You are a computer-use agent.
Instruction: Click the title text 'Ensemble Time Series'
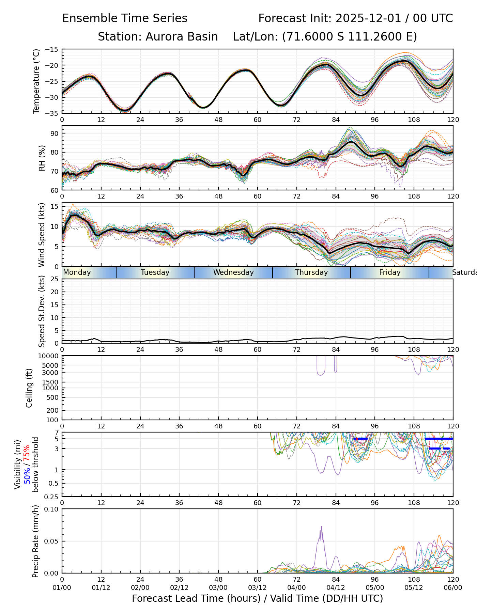click(x=125, y=18)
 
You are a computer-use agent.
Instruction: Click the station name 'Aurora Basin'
click(x=182, y=37)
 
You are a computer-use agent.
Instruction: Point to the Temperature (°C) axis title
click(x=36, y=81)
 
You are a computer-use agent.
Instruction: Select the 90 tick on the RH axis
click(x=55, y=133)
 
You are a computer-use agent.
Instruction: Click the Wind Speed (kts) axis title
click(x=42, y=235)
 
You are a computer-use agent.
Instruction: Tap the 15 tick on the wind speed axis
click(x=55, y=207)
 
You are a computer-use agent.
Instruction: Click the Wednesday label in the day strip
click(x=233, y=272)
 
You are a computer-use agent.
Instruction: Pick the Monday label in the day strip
click(x=77, y=272)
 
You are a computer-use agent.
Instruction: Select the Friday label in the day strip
click(x=390, y=272)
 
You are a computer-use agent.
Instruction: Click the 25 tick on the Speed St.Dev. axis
click(x=55, y=279)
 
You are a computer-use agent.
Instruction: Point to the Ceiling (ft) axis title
click(x=29, y=388)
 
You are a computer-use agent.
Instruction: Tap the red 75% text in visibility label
click(x=27, y=453)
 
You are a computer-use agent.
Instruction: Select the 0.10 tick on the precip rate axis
click(x=52, y=509)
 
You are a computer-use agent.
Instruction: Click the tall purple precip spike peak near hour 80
click(x=321, y=526)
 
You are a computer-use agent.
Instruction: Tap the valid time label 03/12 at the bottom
click(x=258, y=588)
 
